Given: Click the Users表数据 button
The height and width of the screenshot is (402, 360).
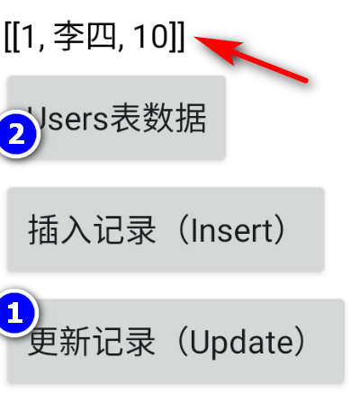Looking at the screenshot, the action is click(x=116, y=118).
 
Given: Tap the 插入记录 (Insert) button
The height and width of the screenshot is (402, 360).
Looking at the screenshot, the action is click(x=166, y=229).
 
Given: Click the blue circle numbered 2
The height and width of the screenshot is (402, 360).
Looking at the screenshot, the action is click(x=17, y=134).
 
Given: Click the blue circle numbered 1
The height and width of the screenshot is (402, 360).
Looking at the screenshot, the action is click(x=15, y=313).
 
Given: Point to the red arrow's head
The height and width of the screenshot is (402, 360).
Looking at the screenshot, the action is click(x=195, y=37).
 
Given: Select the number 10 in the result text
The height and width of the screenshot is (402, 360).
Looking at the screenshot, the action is click(x=149, y=36).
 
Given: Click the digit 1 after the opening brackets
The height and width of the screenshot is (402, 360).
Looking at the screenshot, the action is click(x=29, y=36).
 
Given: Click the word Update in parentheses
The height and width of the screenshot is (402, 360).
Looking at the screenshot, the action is click(x=241, y=343).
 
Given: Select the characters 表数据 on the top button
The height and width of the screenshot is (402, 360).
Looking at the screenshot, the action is click(x=158, y=118).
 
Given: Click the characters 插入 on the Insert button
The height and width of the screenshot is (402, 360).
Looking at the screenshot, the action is click(x=59, y=230).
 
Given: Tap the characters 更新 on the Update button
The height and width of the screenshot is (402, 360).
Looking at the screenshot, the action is click(x=59, y=342).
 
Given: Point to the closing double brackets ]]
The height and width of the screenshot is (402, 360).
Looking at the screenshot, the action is click(x=177, y=37).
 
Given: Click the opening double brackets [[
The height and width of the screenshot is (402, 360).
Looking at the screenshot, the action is click(x=13, y=37).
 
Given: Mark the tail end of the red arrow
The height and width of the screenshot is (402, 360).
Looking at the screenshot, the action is click(x=306, y=80).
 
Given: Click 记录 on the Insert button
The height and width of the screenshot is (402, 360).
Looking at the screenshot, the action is click(x=124, y=230).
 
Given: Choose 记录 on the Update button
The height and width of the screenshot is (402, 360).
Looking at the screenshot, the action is click(x=123, y=342).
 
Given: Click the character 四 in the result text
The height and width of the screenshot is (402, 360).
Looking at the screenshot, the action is click(x=101, y=36).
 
